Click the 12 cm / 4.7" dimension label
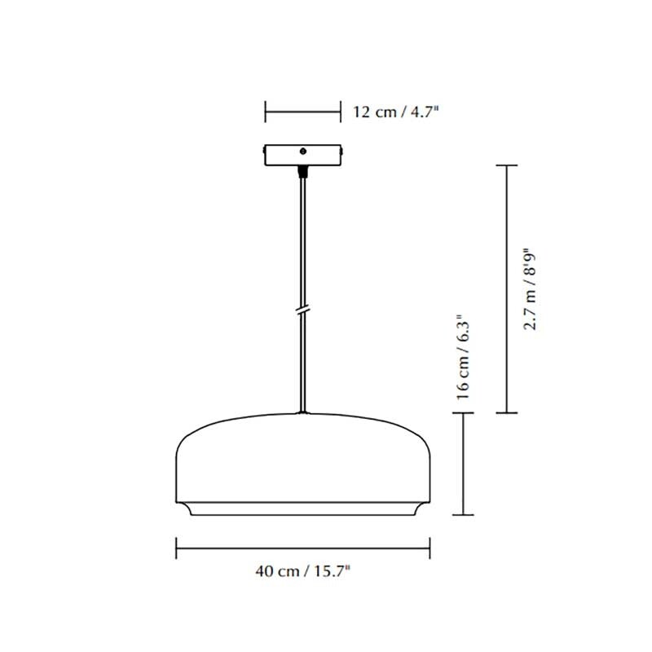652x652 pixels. [395, 112]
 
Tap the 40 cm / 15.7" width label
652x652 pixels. [303, 572]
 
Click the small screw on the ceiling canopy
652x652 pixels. [303, 151]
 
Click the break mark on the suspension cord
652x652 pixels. [303, 311]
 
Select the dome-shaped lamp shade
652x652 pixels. [303, 465]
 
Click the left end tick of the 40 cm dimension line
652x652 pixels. [177, 547]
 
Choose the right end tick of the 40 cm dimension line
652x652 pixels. [430, 547]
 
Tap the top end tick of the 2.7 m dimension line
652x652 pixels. [507, 165]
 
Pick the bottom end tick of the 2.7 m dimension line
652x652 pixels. [507, 413]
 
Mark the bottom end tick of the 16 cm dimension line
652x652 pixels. [464, 515]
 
